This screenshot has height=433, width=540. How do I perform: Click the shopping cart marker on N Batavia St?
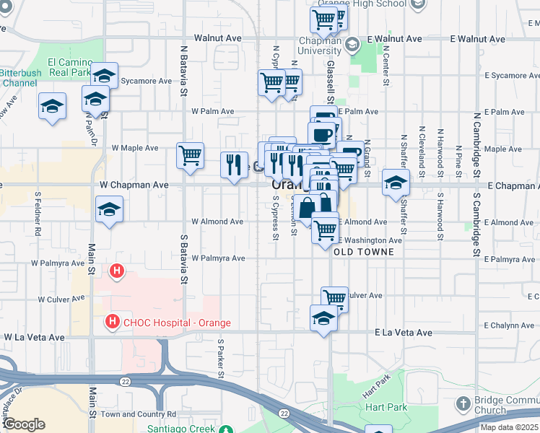[x=190, y=155]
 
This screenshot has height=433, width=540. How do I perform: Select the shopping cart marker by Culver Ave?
[x=334, y=297]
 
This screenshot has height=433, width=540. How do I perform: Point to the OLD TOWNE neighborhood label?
[x=364, y=252]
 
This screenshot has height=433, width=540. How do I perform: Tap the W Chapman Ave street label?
[x=134, y=185]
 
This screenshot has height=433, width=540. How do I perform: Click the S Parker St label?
[x=220, y=358]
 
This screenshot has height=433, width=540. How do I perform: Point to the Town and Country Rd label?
[x=139, y=414]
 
